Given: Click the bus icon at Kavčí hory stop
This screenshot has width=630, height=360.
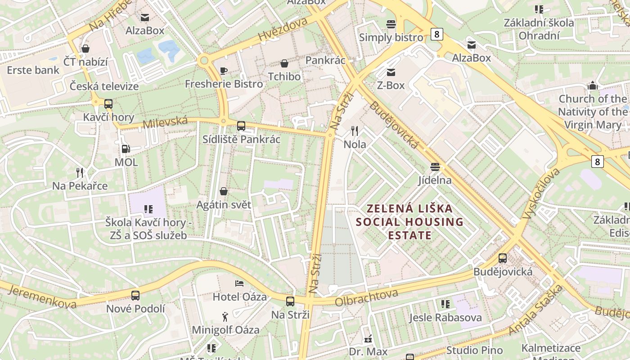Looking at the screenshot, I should (x=108, y=104).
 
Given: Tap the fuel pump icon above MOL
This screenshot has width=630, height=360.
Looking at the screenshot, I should (x=126, y=149).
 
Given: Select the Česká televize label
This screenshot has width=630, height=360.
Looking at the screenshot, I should (x=104, y=86).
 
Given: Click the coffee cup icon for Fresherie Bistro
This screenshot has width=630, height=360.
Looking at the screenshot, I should (x=224, y=71).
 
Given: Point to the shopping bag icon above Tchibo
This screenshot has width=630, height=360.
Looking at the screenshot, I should (x=284, y=63).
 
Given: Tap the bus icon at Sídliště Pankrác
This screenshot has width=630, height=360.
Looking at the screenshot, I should (x=241, y=126).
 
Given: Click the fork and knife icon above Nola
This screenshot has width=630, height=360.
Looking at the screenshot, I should (x=355, y=131).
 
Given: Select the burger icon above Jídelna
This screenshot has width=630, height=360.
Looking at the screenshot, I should (x=435, y=167).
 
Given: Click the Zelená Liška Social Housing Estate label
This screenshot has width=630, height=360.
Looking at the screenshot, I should (x=409, y=222).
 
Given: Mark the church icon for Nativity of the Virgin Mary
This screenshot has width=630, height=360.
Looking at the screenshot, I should (x=593, y=85).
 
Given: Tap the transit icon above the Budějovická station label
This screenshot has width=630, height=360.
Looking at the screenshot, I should (x=503, y=259).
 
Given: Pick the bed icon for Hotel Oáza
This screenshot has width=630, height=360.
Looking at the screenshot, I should (x=239, y=283).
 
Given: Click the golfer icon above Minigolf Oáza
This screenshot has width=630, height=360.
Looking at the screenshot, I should (x=225, y=317).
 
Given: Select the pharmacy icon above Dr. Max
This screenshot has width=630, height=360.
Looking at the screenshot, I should (x=368, y=338).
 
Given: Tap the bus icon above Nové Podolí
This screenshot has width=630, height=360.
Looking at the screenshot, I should (x=135, y=296).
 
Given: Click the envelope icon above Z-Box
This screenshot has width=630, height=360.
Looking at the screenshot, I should (x=391, y=72).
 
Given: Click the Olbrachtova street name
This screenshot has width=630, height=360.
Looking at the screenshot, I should (x=366, y=297).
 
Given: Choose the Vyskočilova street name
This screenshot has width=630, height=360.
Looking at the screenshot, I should (x=541, y=193).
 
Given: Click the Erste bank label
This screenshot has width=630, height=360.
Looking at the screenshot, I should (x=33, y=70).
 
